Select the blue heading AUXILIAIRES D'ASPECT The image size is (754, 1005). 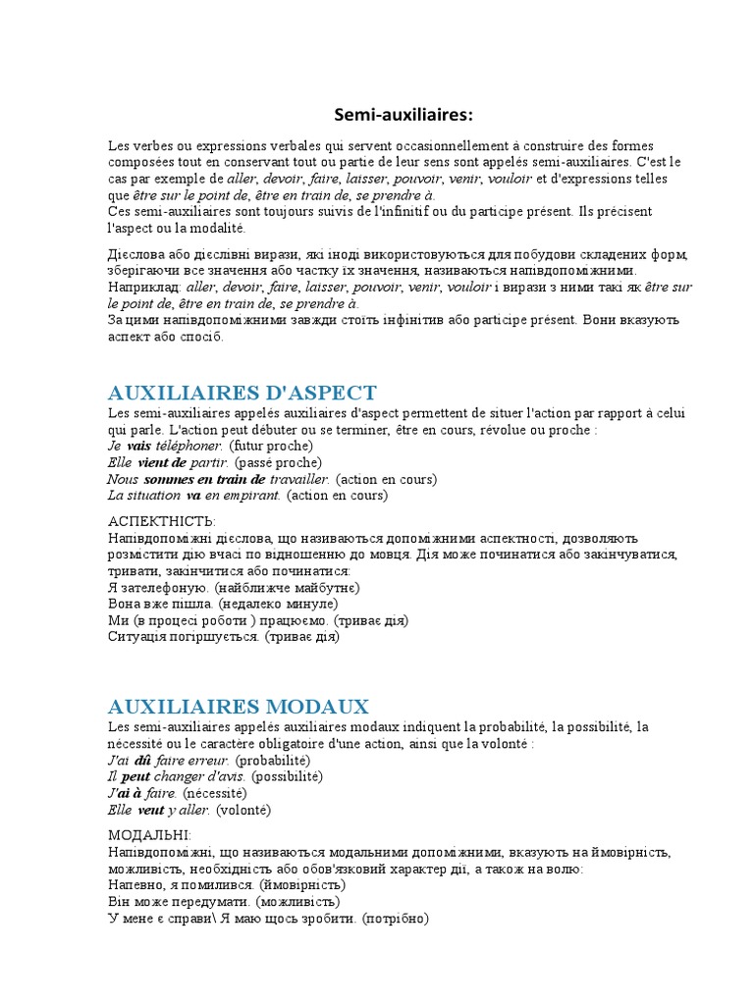point(242,392)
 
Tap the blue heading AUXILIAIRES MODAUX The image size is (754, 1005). point(238,706)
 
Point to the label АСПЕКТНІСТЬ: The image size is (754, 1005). point(161,520)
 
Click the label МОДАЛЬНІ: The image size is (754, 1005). point(149,834)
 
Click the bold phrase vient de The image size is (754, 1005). point(163,461)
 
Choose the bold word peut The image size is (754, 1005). point(135,776)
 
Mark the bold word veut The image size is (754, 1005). point(150,810)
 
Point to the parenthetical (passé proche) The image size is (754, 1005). point(279,461)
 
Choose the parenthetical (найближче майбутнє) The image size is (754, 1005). point(287,587)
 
